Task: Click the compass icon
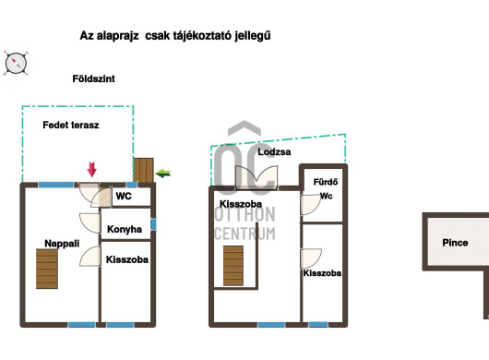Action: [16, 64]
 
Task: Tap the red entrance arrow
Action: [91, 170]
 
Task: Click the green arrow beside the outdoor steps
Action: [163, 174]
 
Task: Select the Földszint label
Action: [93, 78]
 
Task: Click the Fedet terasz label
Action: [71, 126]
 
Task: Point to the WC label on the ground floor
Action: [124, 196]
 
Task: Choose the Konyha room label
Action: [125, 229]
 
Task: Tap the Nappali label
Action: [62, 244]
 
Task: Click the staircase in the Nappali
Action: [47, 269]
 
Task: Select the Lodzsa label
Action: [274, 152]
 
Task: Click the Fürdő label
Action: [326, 182]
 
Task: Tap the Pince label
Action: [455, 243]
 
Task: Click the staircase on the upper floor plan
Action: [233, 266]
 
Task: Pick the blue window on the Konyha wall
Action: [153, 224]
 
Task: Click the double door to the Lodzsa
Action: [256, 177]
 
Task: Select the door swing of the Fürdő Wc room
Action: [311, 205]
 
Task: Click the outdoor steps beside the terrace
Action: [143, 170]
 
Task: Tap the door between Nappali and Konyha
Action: [90, 222]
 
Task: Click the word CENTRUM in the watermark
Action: [245, 234]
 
